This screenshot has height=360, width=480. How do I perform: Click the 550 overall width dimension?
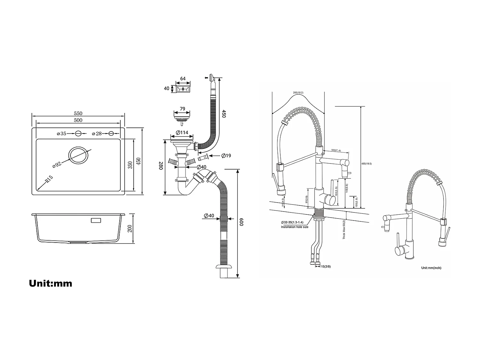click(x=78, y=113)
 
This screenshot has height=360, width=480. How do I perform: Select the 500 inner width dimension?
click(x=78, y=120)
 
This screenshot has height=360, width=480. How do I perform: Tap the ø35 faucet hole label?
click(x=61, y=133)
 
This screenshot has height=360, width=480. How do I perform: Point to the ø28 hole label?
click(x=97, y=133)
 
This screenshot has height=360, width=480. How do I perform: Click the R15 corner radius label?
click(x=49, y=179)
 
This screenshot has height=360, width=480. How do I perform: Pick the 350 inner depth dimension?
click(x=130, y=165)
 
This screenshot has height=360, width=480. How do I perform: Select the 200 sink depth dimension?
click(x=130, y=228)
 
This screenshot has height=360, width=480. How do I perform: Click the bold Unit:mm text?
click(x=51, y=283)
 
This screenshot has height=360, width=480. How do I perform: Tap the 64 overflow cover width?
click(x=183, y=79)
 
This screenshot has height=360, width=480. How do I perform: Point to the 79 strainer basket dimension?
click(x=182, y=109)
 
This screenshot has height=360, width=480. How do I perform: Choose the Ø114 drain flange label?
click(x=182, y=132)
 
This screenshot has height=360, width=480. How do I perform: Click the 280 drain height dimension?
click(x=161, y=166)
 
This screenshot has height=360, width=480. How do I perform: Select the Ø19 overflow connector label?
click(x=226, y=156)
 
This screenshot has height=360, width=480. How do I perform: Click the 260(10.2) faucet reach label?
click(x=298, y=92)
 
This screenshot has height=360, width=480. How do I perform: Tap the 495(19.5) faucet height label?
click(x=366, y=164)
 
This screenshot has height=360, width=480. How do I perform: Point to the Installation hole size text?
click(x=294, y=227)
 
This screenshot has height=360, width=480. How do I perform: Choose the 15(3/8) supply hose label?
click(x=326, y=266)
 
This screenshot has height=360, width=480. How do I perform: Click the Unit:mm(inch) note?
click(x=431, y=268)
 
